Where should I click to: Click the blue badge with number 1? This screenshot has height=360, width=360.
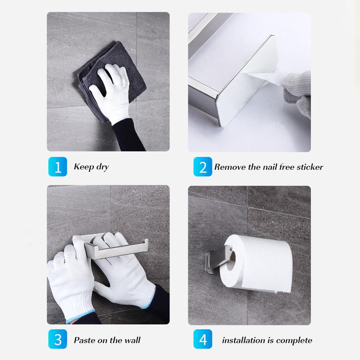click(x=57, y=167)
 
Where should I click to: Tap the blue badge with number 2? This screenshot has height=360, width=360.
click(x=203, y=167)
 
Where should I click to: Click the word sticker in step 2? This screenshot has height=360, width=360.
click(x=309, y=167)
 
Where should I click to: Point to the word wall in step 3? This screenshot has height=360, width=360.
click(x=131, y=340)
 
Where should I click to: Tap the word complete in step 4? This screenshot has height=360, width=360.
click(x=294, y=341)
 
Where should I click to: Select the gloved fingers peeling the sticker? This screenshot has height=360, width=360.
click(x=298, y=92)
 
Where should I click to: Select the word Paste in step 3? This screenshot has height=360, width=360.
click(x=84, y=340)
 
